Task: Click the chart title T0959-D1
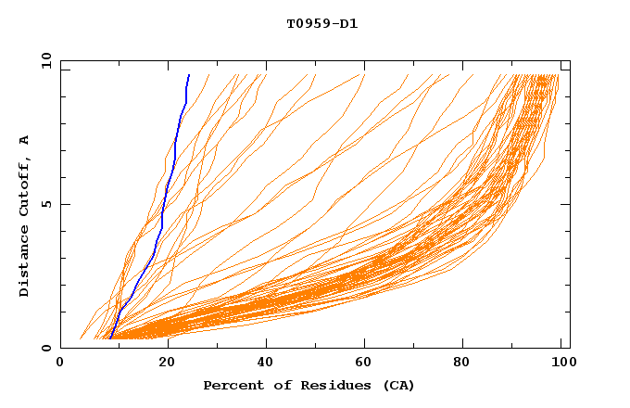321,24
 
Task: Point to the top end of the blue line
189,75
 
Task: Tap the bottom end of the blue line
110,338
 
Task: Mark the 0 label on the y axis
46,349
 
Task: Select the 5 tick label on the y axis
46,204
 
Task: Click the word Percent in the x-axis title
230,386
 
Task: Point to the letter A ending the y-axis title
24,139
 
